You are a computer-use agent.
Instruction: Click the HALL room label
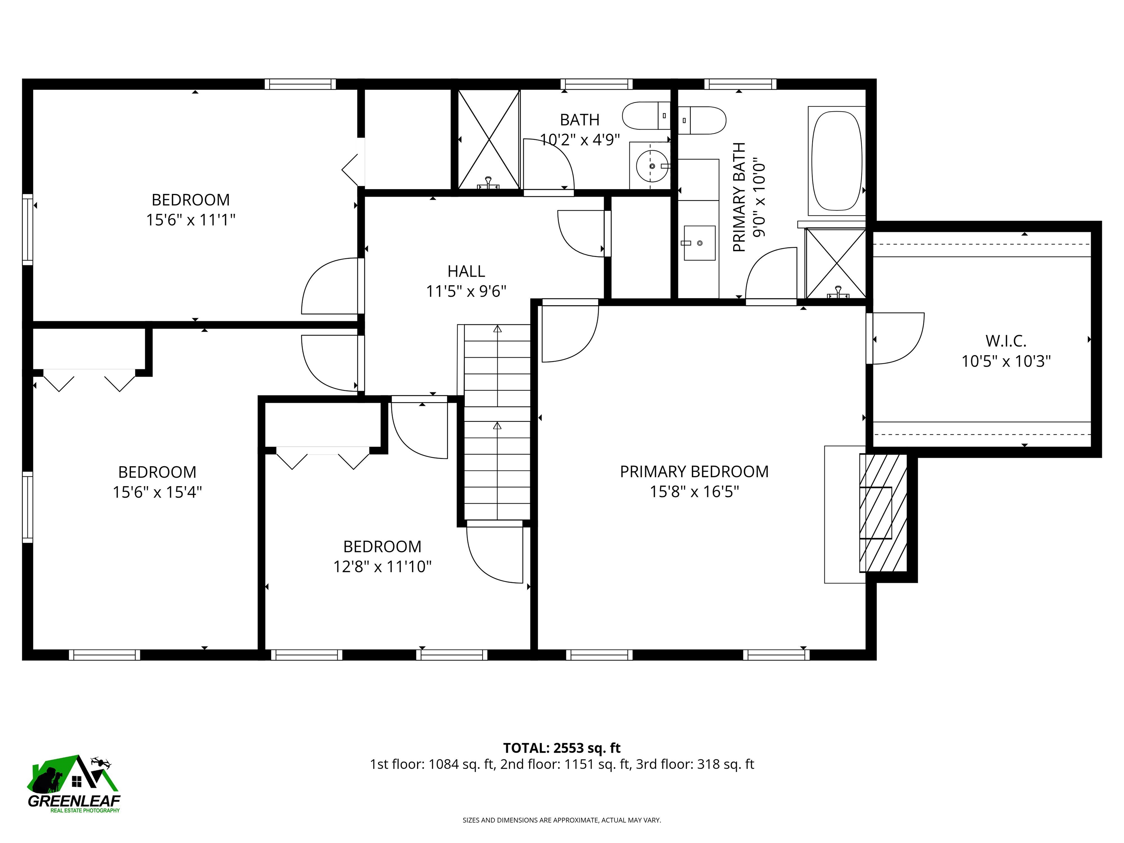(466, 271)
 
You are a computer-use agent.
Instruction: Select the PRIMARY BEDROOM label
(694, 472)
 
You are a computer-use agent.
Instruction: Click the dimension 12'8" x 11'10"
(382, 566)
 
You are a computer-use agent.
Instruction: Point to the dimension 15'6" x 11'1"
(191, 220)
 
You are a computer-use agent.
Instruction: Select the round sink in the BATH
(652, 166)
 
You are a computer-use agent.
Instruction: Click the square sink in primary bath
(699, 243)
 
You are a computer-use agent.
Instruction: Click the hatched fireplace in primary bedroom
(883, 513)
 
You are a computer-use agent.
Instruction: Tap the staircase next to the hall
(497, 422)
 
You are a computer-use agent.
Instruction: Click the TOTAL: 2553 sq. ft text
(562, 748)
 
